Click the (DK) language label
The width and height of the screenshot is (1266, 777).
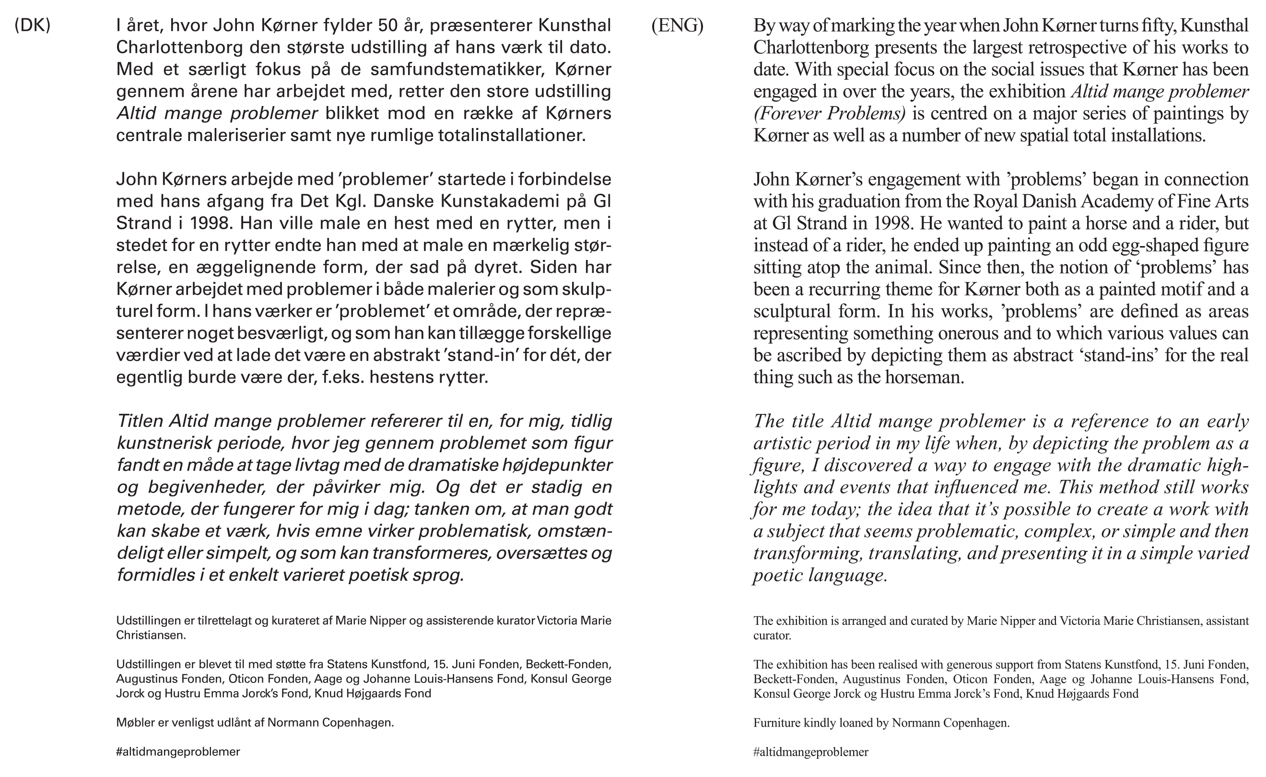point(33,25)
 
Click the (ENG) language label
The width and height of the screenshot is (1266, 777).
point(677,25)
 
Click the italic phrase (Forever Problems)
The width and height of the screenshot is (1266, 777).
point(829,114)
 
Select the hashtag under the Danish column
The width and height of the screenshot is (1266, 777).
point(178,752)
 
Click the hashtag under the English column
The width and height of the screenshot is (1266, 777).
point(811,753)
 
